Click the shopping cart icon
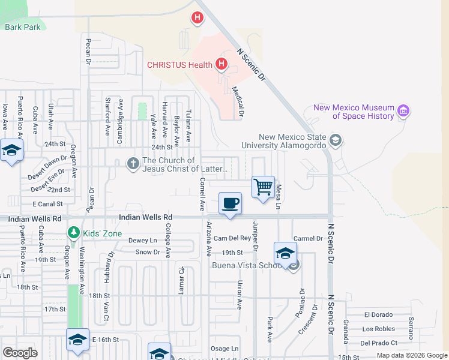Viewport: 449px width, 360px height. (x=263, y=187)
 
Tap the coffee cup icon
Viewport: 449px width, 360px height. (x=230, y=203)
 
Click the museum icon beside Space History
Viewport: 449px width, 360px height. (x=403, y=111)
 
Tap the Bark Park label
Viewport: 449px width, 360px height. (x=22, y=26)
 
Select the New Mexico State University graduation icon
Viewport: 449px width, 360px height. (x=336, y=141)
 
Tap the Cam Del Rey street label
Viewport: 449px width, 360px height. (x=232, y=238)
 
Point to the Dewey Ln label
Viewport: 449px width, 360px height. (x=142, y=241)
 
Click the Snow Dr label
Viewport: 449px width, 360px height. (x=148, y=252)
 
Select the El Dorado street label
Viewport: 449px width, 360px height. (x=378, y=314)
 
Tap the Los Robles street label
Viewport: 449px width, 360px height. (x=378, y=329)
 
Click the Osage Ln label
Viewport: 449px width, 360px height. (x=224, y=349)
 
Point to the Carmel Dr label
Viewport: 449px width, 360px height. (x=308, y=238)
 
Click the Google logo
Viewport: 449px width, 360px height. (x=20, y=352)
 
